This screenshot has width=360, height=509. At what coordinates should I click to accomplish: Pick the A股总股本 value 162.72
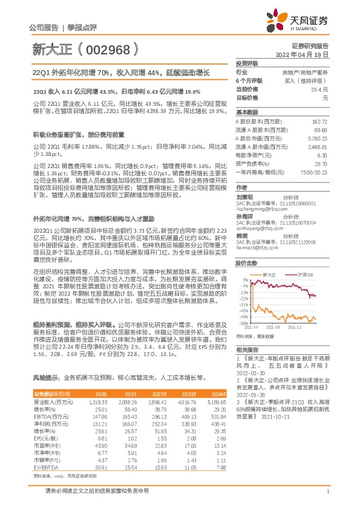pos(320,122)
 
